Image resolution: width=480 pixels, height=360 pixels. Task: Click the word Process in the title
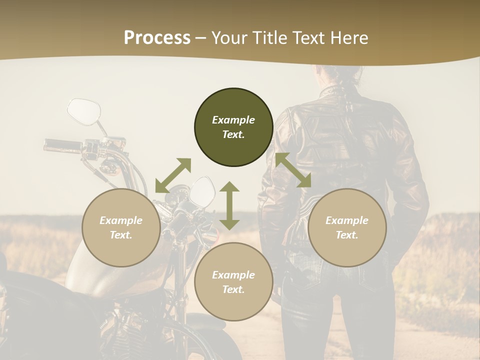click(157, 37)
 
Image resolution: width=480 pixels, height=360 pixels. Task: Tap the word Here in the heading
click(348, 37)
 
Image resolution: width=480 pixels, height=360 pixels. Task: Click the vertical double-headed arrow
click(229, 205)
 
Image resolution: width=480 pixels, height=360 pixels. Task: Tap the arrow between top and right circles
click(293, 170)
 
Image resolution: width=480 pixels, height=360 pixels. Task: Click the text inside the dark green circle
click(233, 127)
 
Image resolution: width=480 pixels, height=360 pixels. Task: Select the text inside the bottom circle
click(233, 282)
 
